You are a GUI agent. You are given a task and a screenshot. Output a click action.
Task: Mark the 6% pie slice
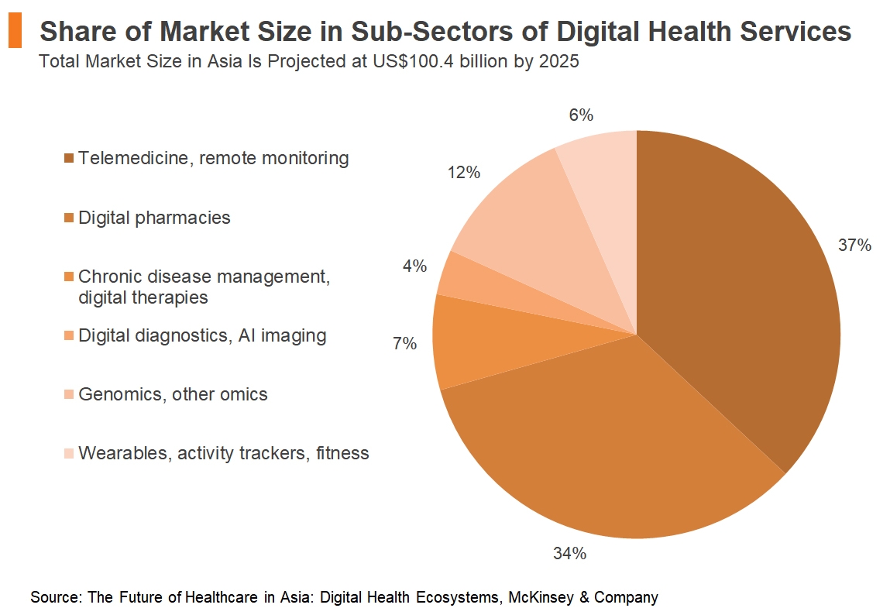click(x=604, y=170)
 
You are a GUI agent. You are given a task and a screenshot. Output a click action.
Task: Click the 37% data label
click(x=854, y=246)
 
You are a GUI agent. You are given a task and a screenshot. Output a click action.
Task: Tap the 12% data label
click(x=463, y=173)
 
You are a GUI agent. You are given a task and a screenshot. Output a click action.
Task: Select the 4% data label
click(x=414, y=266)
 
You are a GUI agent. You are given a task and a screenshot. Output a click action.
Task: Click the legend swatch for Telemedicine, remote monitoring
click(x=69, y=159)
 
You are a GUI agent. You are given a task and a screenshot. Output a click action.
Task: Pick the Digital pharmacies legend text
click(x=154, y=218)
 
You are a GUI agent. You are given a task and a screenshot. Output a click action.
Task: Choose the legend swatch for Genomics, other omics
click(x=69, y=394)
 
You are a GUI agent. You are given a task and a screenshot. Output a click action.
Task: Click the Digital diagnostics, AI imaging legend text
click(x=202, y=335)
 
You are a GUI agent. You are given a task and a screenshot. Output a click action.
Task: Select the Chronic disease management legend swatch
click(x=69, y=277)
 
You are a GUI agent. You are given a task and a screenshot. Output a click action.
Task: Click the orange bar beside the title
click(x=15, y=31)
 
